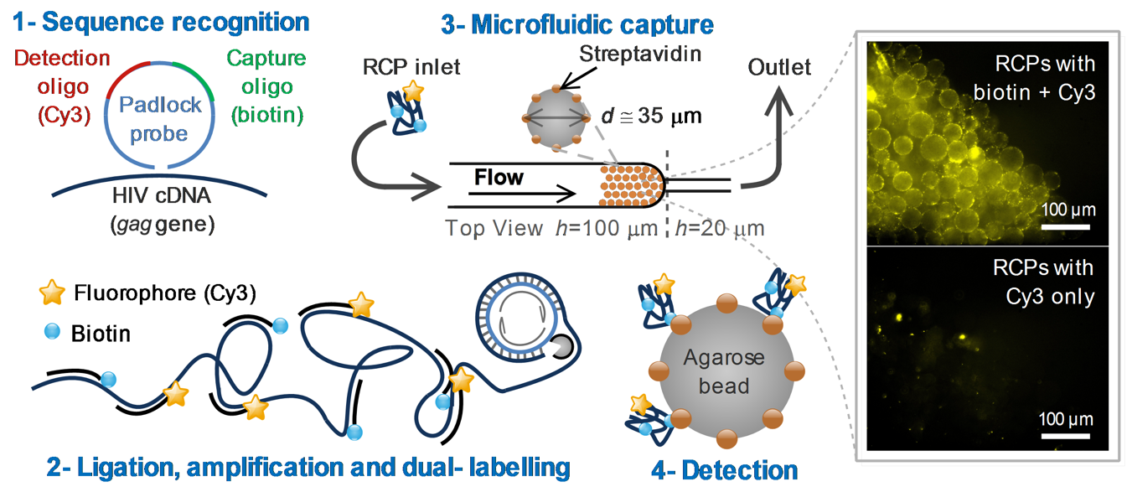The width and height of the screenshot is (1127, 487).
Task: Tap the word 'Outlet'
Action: pos(779,66)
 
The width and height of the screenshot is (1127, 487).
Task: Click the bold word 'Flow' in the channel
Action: pos(499,177)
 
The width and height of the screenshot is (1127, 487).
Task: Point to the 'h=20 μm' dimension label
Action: pos(721,227)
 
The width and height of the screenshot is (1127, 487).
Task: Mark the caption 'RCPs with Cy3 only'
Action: pos(1043,282)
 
